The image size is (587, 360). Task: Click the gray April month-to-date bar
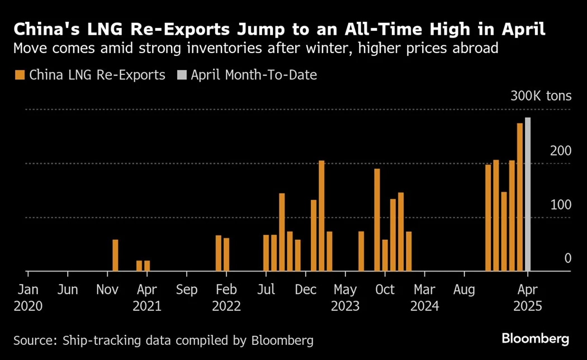coord(528,195)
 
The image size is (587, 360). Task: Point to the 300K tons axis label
coord(541,96)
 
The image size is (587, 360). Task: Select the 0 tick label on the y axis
coord(567,258)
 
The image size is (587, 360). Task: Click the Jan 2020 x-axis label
coord(28,298)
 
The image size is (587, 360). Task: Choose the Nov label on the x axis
coord(107,290)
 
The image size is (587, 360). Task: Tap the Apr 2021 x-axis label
coord(147,298)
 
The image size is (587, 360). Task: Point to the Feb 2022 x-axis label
coord(226,298)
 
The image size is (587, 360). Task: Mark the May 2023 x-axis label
coord(345,298)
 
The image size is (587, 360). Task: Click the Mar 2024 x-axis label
coord(425,298)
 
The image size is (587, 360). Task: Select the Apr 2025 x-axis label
coord(528,298)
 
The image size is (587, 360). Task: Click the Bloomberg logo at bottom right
coord(535,339)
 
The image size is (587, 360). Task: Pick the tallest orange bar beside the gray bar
coord(520,197)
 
